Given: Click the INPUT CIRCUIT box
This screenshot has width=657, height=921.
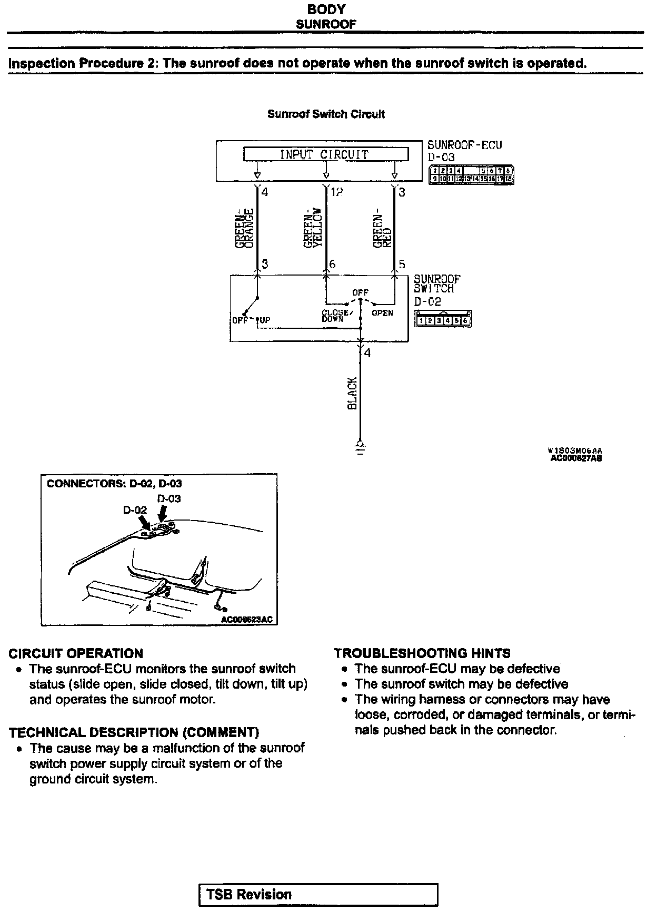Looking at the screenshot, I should (x=325, y=154).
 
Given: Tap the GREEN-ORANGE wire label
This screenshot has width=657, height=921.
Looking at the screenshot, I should (x=245, y=229).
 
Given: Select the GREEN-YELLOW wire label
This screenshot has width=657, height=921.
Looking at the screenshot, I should (x=314, y=228).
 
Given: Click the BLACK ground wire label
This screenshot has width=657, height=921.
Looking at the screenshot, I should (x=352, y=393).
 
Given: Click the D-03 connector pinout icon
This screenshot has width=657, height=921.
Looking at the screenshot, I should (x=471, y=175).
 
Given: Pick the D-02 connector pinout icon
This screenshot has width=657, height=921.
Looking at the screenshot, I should (x=443, y=319).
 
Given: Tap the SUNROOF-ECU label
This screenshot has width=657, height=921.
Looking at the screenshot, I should (x=464, y=145).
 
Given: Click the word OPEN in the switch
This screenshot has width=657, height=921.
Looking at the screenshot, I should (x=382, y=313).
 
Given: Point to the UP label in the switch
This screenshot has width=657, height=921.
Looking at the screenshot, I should (x=264, y=320).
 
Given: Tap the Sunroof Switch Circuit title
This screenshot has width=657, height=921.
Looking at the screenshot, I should (x=326, y=114).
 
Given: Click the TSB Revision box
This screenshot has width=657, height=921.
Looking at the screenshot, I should (x=318, y=895).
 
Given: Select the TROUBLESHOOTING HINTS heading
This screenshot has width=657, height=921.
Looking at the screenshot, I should (x=422, y=653).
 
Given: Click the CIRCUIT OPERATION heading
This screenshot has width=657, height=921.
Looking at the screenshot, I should (x=76, y=653).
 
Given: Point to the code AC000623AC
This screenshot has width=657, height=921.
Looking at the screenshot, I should (x=247, y=620).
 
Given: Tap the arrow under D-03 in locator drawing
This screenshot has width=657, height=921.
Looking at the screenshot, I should (x=163, y=513).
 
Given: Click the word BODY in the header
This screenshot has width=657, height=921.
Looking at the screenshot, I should (x=326, y=9).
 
